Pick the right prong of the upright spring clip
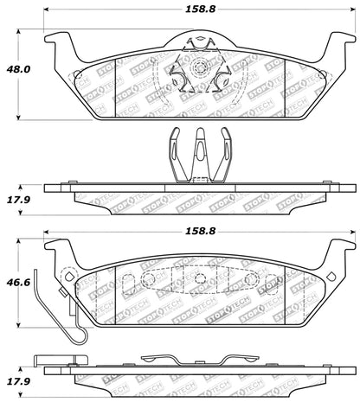(226, 143)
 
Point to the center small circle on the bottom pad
(200, 279)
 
